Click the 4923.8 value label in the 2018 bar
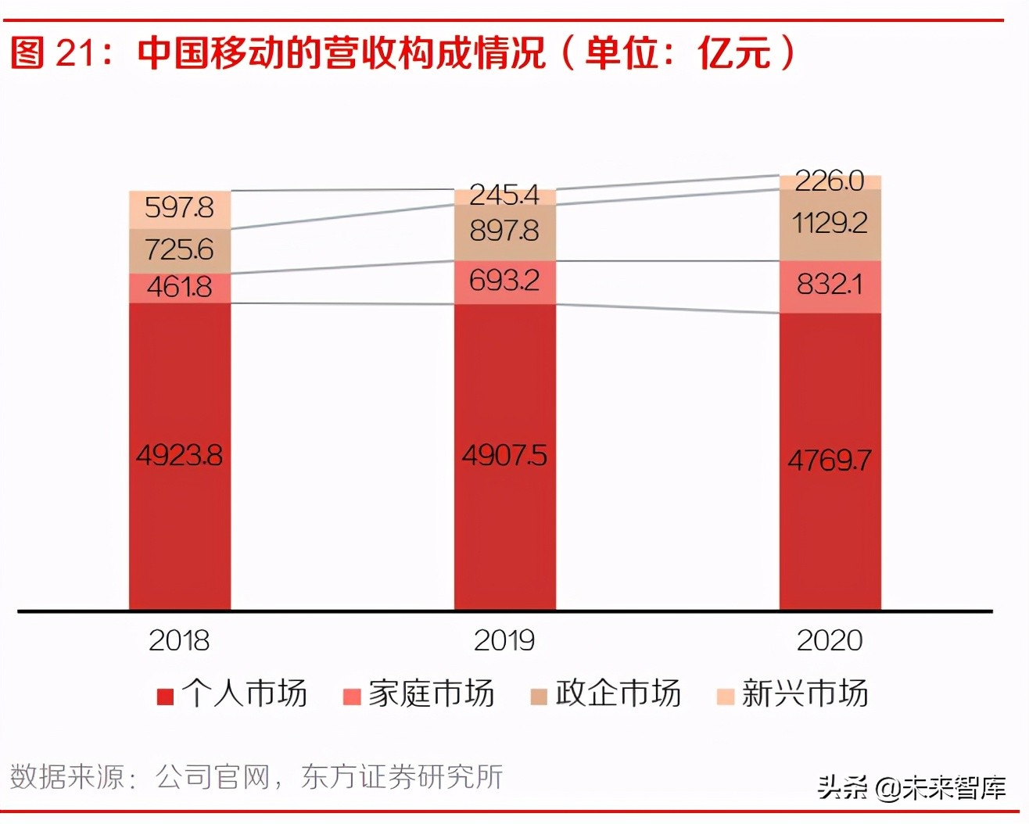pyautogui.click(x=179, y=455)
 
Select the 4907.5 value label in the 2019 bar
pyautogui.click(x=504, y=455)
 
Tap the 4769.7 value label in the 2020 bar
pyautogui.click(x=830, y=460)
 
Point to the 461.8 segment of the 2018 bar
pyautogui.click(x=179, y=287)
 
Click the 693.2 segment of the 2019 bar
pyautogui.click(x=504, y=281)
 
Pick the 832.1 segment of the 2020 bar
pyautogui.click(x=830, y=285)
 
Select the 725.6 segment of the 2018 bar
pyautogui.click(x=179, y=250)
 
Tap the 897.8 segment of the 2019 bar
pyautogui.click(x=504, y=231)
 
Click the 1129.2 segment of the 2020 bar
pyautogui.click(x=830, y=224)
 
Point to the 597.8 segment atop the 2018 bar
pyautogui.click(x=179, y=208)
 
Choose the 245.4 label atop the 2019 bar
pyautogui.click(x=504, y=195)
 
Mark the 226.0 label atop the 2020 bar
pyautogui.click(x=830, y=181)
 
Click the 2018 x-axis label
pyautogui.click(x=179, y=641)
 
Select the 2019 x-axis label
pyautogui.click(x=504, y=641)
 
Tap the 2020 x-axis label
pyautogui.click(x=830, y=641)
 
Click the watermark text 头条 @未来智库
pyautogui.click(x=912, y=787)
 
